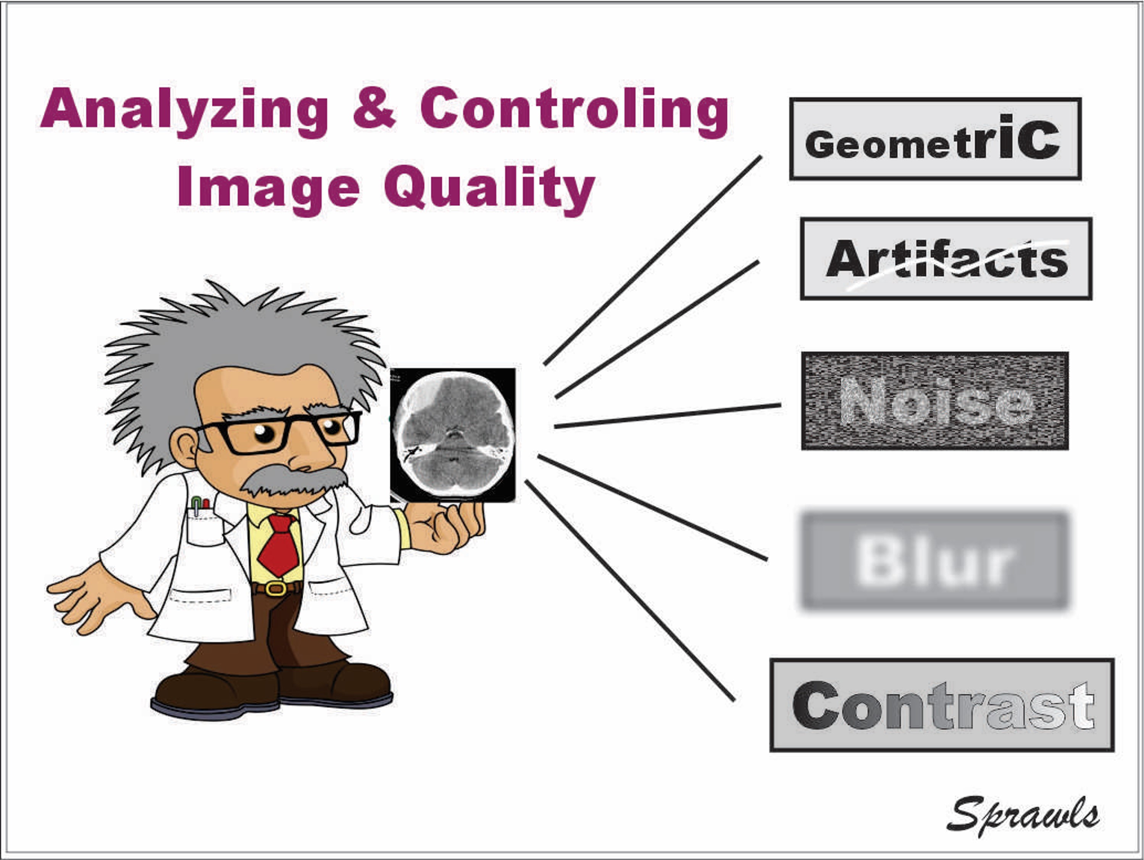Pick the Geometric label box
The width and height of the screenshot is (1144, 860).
pos(935,139)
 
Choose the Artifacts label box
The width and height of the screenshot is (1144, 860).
pos(946,258)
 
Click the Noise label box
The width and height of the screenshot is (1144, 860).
pos(934,401)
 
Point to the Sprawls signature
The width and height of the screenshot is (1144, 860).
pos(1023,815)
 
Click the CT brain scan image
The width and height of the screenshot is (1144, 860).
pos(453,435)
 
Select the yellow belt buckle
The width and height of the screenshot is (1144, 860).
pos(277,588)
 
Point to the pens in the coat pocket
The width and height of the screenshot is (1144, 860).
pos(200,505)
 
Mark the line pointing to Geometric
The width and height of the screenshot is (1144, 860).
pos(652,260)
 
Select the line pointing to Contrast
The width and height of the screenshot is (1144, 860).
pos(629,591)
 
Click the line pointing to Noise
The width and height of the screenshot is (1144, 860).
pos(667,416)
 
